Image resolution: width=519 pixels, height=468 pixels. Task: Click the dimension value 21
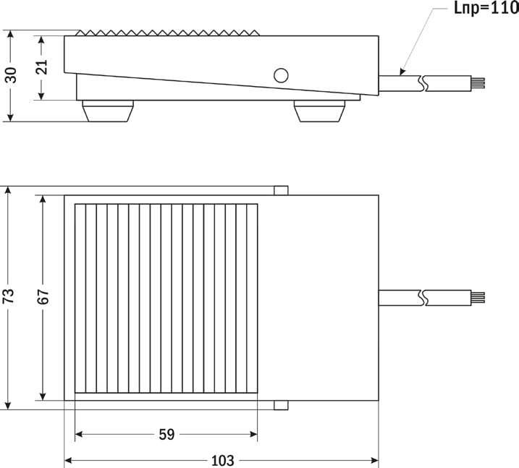[x=41, y=67]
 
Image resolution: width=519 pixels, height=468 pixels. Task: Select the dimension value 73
[x=9, y=297]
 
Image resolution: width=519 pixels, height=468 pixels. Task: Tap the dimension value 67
[x=43, y=297]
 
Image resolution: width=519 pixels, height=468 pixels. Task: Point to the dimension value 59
[x=166, y=435]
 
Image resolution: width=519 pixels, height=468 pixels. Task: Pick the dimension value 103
[x=221, y=461]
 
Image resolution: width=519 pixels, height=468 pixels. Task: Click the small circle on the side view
[x=280, y=75]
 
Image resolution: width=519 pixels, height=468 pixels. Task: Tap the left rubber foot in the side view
[x=108, y=112]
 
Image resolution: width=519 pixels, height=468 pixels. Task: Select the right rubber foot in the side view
[x=318, y=112]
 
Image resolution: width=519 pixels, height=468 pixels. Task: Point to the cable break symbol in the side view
[x=423, y=82]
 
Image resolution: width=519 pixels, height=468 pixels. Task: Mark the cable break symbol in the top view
[x=423, y=297]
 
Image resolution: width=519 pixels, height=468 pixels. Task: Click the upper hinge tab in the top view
[x=282, y=191]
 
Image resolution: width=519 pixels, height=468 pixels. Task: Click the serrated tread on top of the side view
[x=166, y=33]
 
